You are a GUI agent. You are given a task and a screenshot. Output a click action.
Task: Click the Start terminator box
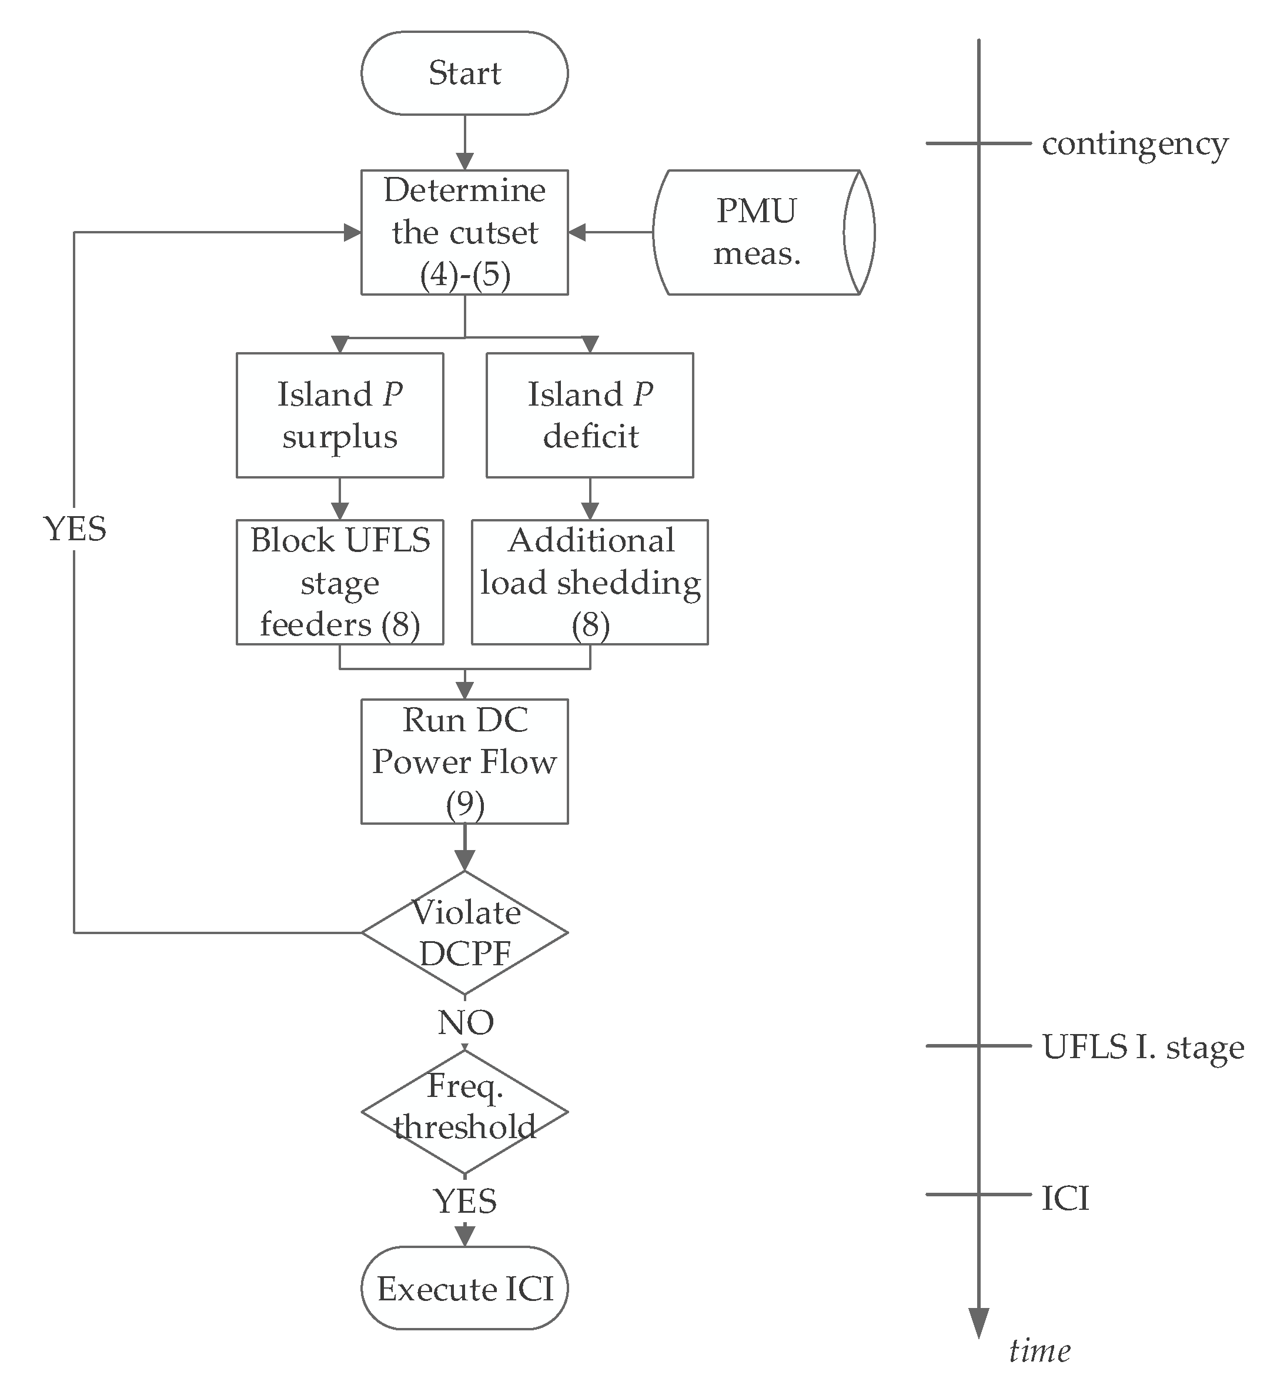click(464, 73)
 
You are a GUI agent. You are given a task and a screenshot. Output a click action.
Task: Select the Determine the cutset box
click(464, 232)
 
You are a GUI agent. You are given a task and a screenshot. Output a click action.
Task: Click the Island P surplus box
click(339, 415)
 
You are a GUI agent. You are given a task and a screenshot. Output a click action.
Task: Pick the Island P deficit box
click(590, 415)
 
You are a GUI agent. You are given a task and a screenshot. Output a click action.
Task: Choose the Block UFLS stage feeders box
click(339, 582)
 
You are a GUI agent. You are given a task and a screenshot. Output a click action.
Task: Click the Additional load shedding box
click(590, 582)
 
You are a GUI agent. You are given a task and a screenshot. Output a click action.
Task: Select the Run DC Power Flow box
click(464, 761)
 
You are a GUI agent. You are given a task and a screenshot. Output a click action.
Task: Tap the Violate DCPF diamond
click(464, 932)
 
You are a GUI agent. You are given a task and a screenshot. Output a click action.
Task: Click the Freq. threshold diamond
click(464, 1111)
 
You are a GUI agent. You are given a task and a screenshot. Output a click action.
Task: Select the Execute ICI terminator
click(464, 1288)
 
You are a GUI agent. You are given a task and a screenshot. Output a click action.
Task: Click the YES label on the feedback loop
click(74, 529)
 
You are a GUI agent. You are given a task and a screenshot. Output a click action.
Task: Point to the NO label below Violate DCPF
click(465, 1022)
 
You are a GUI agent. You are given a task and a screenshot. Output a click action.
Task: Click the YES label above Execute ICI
click(464, 1201)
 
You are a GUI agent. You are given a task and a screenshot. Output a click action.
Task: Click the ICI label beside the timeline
click(1065, 1199)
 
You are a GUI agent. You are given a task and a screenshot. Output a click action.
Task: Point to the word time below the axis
click(1039, 1351)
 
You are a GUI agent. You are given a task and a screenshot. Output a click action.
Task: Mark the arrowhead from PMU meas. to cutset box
click(577, 232)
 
